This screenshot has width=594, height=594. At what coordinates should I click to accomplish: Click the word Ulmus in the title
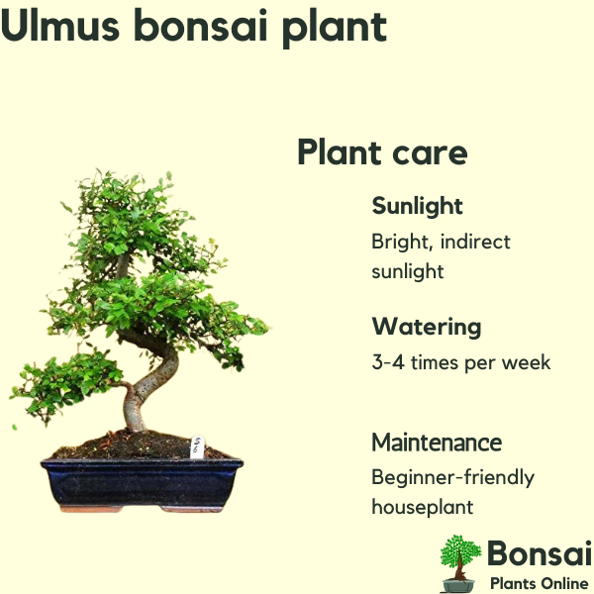59,26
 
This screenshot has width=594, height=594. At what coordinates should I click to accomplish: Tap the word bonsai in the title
201,26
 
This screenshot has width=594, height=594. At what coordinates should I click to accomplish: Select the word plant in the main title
335,29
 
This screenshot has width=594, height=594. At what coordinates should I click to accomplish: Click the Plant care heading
382,152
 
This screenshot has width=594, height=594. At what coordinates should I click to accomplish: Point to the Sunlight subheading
417,207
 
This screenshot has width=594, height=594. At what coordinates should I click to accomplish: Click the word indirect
475,242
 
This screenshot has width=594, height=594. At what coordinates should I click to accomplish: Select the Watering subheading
427,327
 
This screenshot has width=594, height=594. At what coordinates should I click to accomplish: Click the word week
527,362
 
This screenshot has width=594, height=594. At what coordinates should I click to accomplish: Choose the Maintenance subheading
437,443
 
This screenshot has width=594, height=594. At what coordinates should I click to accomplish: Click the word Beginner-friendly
453,478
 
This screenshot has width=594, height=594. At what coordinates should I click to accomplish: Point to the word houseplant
423,507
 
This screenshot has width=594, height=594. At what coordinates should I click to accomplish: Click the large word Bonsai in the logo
540,553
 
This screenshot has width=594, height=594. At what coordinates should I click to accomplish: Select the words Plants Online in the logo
540,583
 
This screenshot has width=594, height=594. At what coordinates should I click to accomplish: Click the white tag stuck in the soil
197,447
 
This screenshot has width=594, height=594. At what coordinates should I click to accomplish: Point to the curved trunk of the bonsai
151,382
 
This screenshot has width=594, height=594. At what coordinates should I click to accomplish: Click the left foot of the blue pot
91,509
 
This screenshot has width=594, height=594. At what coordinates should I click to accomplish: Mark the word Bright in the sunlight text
402,243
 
